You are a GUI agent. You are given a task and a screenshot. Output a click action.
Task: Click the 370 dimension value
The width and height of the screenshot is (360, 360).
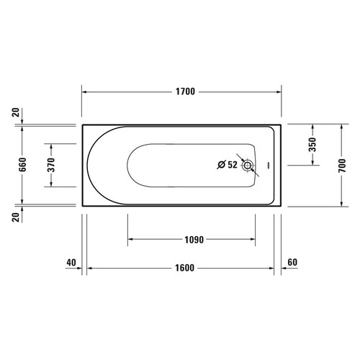pos(51,165)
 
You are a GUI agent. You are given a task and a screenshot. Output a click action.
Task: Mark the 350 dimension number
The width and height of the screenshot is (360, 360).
pos(312,144)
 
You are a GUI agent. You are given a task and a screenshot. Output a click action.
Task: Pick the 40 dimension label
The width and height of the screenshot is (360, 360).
pos(71,262)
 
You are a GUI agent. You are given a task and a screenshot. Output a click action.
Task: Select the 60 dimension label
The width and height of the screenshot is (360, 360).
pos(292,262)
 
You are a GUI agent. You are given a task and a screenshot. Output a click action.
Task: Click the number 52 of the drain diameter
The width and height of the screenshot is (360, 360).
pos(232,165)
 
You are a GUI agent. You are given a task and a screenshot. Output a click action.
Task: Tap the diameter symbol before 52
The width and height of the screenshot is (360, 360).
pos(220,165)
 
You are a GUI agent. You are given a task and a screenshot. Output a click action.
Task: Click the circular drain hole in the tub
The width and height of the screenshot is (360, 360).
pos(248,166)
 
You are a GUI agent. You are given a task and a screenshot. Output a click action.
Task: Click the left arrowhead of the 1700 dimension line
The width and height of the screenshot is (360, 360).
pos(85,93)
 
